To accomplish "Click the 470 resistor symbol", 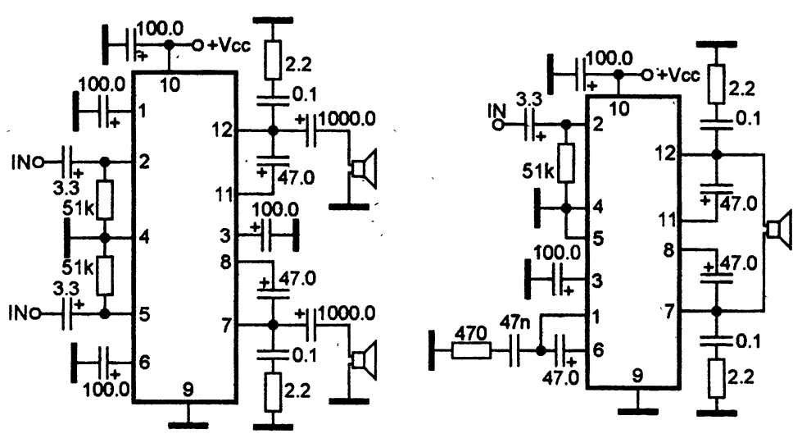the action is click(471, 351).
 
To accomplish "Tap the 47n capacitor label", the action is click(514, 323).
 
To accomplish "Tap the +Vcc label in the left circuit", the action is click(229, 46).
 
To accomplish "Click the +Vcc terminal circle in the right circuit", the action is click(648, 75).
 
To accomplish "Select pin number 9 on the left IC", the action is click(188, 390).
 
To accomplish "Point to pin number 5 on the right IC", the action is click(598, 238).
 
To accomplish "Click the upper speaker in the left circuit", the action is click(363, 168).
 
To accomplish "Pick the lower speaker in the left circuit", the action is click(363, 360).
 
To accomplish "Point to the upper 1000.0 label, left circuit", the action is click(347, 119).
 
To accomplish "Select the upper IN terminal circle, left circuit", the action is click(38, 163).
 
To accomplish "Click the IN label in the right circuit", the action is click(496, 111).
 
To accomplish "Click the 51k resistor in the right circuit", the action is click(566, 163).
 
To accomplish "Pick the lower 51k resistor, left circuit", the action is click(105, 276).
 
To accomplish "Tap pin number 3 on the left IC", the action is click(225, 236).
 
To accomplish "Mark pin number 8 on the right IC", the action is click(668, 251).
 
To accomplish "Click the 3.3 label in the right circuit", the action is click(528, 98).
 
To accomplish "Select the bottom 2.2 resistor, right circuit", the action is click(717, 379).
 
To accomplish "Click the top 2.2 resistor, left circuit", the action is click(273, 61).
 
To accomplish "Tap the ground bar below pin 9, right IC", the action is click(638, 411).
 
